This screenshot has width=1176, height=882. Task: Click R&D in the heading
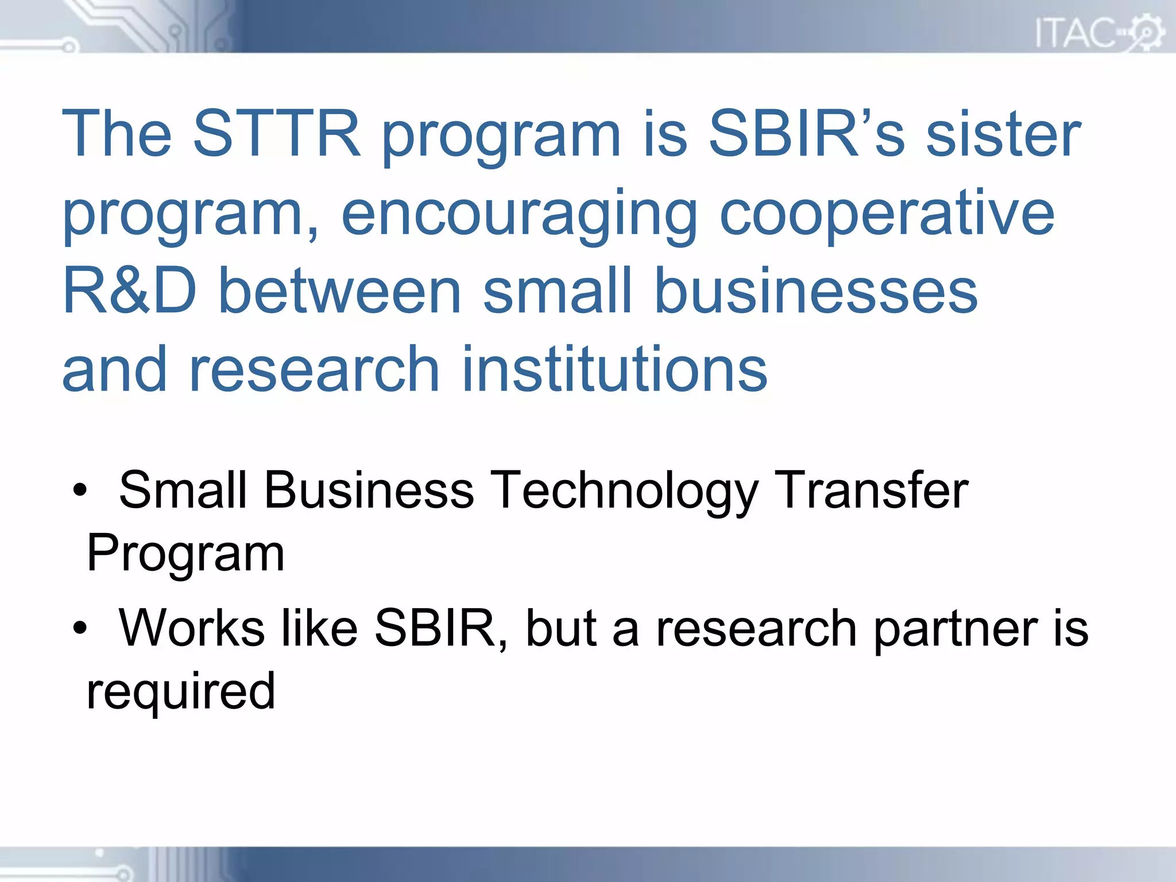click(x=130, y=291)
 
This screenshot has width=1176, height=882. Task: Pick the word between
click(x=341, y=291)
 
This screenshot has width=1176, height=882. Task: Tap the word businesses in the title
click(x=816, y=291)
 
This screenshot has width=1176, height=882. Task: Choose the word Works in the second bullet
click(x=192, y=628)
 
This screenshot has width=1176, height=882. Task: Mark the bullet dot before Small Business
click(x=80, y=492)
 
